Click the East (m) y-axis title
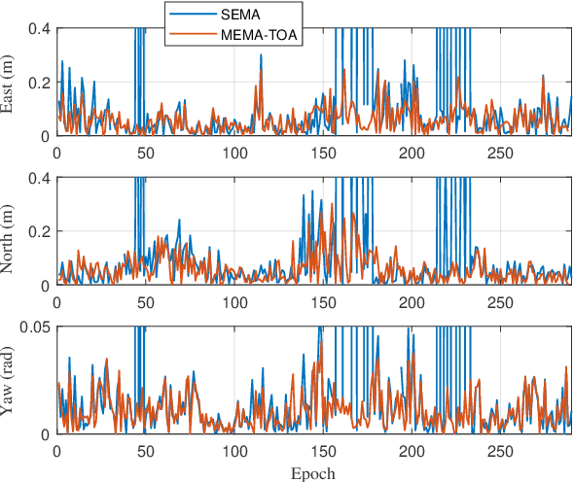[9, 83]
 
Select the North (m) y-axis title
[9, 231]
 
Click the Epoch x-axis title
[313, 473]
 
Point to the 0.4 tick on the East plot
[40, 29]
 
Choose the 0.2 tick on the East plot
[40, 83]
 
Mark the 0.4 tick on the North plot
[40, 179]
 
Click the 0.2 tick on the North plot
[40, 232]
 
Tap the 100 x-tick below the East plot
[233, 152]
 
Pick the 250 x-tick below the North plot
[500, 301]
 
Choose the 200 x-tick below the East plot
[412, 152]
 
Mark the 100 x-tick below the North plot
[233, 301]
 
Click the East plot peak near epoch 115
[261, 56]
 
